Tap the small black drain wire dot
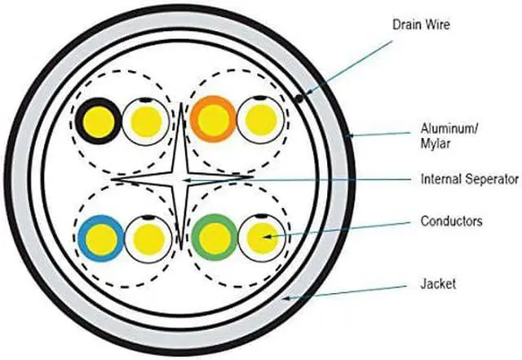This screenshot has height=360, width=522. pyautogui.click(x=300, y=98)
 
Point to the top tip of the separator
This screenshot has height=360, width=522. pyautogui.click(x=179, y=104)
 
